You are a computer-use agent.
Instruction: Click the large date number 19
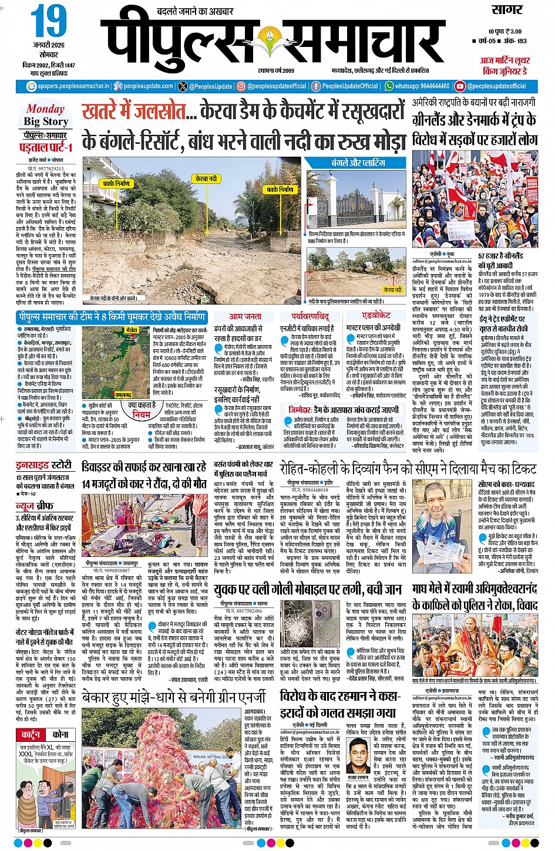point(49,22)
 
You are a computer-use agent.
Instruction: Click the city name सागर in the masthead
point(506,10)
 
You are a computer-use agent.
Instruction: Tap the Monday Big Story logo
point(46,115)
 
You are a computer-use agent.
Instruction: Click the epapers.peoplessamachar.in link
point(69,86)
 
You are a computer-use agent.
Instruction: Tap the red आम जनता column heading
point(245,316)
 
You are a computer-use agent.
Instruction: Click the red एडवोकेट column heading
point(376,316)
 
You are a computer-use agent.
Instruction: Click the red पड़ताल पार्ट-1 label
point(46,147)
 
